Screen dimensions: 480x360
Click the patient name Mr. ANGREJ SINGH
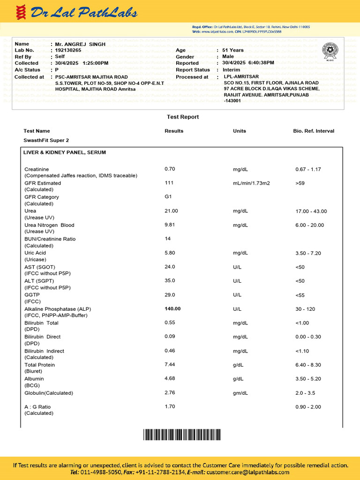click(80, 44)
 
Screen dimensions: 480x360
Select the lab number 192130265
click(68, 50)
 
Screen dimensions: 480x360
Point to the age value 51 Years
click(233, 50)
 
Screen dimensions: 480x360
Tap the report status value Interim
click(232, 70)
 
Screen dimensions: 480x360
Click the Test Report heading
click(183, 117)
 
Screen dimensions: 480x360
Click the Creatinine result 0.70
click(170, 169)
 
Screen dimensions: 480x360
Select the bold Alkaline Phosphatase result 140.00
click(172, 309)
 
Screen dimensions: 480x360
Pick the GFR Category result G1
click(168, 197)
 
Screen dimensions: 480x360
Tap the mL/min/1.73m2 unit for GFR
click(251, 183)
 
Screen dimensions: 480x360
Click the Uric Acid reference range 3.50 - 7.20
click(308, 253)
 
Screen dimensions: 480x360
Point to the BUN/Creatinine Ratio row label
click(50, 239)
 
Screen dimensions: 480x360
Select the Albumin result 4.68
click(170, 379)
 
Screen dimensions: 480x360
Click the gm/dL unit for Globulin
click(240, 393)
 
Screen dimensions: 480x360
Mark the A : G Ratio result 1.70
click(170, 406)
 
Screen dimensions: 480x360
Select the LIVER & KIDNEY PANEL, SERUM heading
click(65, 152)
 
